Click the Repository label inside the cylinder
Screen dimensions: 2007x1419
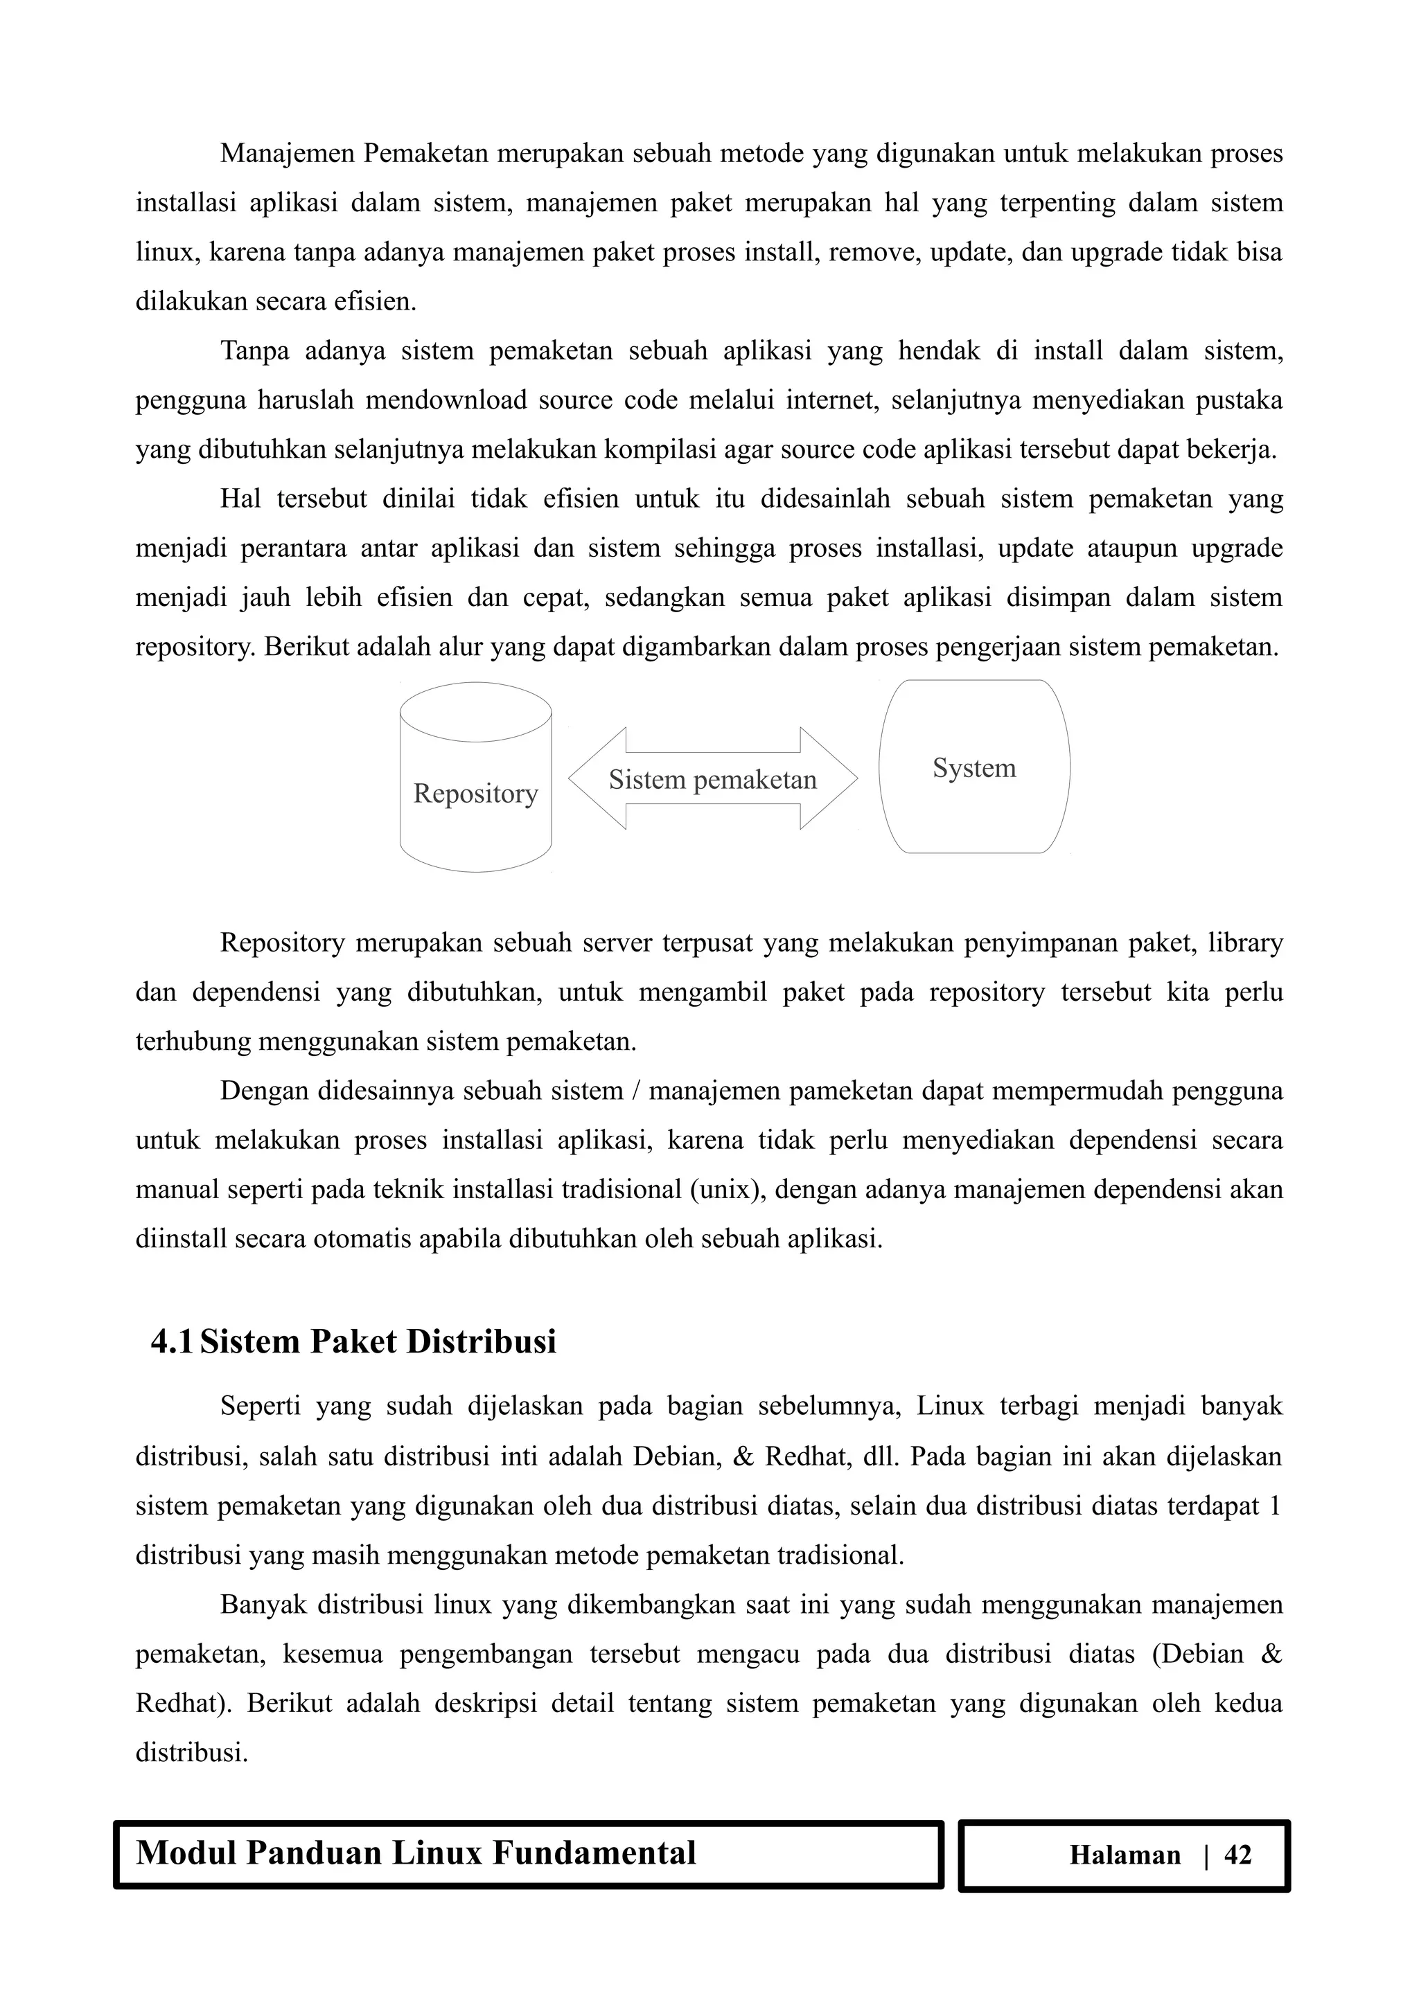[x=475, y=794]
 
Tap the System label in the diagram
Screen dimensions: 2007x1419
[x=974, y=768]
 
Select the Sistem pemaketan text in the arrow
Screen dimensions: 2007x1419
[x=712, y=780]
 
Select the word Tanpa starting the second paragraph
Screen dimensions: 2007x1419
[x=254, y=351]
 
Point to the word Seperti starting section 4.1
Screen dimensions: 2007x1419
[x=260, y=1407]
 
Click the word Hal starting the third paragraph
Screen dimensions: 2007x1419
[x=240, y=499]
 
